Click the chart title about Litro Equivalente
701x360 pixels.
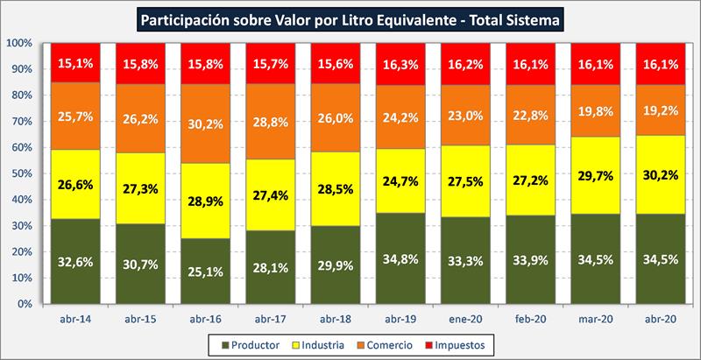(350, 17)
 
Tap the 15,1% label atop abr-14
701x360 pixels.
(75, 62)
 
